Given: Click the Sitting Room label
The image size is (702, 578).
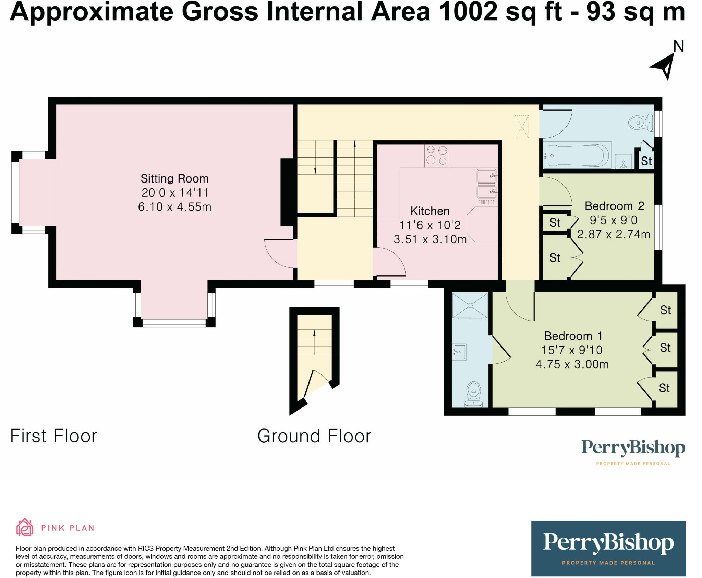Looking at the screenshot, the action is pyautogui.click(x=174, y=179).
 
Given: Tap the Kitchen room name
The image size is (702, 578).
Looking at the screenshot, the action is pyautogui.click(x=430, y=211).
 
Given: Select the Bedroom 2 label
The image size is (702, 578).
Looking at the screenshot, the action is pyautogui.click(x=614, y=206).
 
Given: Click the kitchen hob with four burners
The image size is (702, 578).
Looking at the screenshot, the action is pyautogui.click(x=437, y=155).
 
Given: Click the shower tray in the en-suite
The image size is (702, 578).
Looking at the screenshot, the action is pyautogui.click(x=470, y=306).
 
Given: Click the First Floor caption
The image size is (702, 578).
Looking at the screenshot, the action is pyautogui.click(x=54, y=436).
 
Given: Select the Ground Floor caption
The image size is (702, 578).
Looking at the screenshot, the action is pyautogui.click(x=314, y=436).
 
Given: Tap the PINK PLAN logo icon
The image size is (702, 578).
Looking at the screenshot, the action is pyautogui.click(x=25, y=527).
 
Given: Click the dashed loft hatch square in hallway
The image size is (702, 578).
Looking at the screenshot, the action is pyautogui.click(x=521, y=127).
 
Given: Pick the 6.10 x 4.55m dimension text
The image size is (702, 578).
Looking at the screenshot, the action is pyautogui.click(x=174, y=207).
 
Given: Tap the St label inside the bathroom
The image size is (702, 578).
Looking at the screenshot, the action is pyautogui.click(x=646, y=161).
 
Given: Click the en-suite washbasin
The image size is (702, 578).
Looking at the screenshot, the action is pyautogui.click(x=459, y=352).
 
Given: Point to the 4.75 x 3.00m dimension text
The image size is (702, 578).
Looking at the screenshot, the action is pyautogui.click(x=572, y=364).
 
